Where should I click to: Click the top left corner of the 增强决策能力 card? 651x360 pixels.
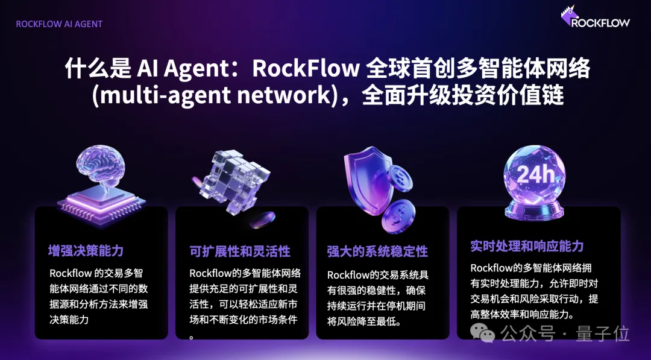pyautogui.click(x=36, y=207)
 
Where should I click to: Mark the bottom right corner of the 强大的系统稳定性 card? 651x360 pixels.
pyautogui.click(x=449, y=339)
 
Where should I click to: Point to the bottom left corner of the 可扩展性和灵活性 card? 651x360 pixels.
pyautogui.click(x=176, y=339)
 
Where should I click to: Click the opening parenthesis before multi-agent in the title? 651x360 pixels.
pyautogui.click(x=95, y=95)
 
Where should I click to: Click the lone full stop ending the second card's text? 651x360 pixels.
pyautogui.click(x=192, y=337)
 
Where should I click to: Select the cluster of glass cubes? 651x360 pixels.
pyautogui.click(x=233, y=182)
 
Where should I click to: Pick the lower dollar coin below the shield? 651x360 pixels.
pyautogui.click(x=398, y=216)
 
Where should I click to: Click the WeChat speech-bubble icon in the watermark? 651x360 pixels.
pyautogui.click(x=482, y=333)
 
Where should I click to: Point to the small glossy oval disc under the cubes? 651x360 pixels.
pyautogui.click(x=262, y=219)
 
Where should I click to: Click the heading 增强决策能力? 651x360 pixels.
pyautogui.click(x=86, y=250)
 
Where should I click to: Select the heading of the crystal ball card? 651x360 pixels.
pyautogui.click(x=527, y=246)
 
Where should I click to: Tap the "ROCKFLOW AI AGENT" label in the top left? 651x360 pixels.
pyautogui.click(x=59, y=24)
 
